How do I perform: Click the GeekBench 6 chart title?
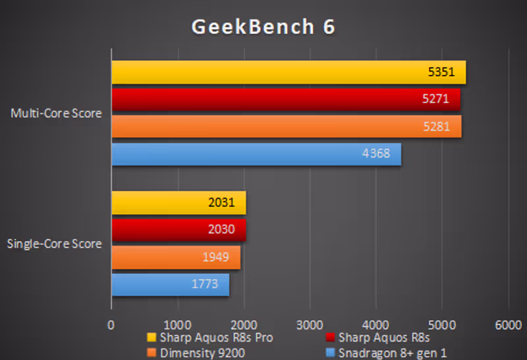pyautogui.click(x=263, y=26)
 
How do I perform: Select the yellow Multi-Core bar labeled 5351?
pyautogui.click(x=288, y=72)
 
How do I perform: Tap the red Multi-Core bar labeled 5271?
pyautogui.click(x=285, y=99)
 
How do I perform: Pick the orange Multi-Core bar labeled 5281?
pyautogui.click(x=286, y=126)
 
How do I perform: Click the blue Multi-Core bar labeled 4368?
pyautogui.click(x=256, y=155)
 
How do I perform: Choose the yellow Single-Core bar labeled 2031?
pyautogui.click(x=178, y=203)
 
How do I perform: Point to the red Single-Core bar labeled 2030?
pyautogui.click(x=178, y=230)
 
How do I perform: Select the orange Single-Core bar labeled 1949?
pyautogui.click(x=175, y=257)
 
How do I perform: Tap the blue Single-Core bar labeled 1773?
pyautogui.click(x=170, y=285)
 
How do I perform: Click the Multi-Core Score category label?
pyautogui.click(x=56, y=113)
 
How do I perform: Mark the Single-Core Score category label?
pyautogui.click(x=54, y=244)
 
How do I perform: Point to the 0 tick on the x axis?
pyautogui.click(x=111, y=324)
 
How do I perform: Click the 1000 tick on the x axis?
pyautogui.click(x=177, y=324)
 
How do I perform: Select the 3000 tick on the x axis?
pyautogui.click(x=309, y=324)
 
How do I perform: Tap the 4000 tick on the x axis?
pyautogui.click(x=375, y=324)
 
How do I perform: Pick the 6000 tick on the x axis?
pyautogui.click(x=507, y=324)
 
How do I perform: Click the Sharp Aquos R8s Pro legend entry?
pyautogui.click(x=211, y=338)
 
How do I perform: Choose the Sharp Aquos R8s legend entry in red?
pyautogui.click(x=379, y=338)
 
